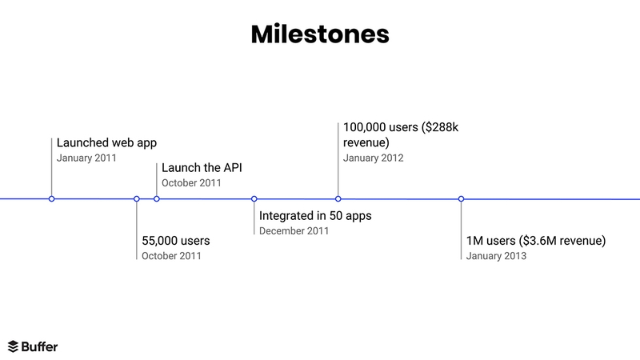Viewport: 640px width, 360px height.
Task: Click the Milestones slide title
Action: (x=320, y=34)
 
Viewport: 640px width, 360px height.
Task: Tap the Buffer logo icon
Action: (x=13, y=346)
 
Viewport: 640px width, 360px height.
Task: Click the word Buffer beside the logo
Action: (x=39, y=346)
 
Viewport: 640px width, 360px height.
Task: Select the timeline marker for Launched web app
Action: (x=52, y=198)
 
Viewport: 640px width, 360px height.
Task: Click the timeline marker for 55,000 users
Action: (x=137, y=198)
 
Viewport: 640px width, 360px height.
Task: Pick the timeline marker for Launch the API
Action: (x=157, y=198)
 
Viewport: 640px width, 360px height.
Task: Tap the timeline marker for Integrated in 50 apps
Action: (x=254, y=198)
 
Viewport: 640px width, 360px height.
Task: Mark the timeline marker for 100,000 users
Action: (x=338, y=198)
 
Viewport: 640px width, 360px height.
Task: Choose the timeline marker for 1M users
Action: (x=462, y=198)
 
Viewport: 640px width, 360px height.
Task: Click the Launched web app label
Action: (x=106, y=143)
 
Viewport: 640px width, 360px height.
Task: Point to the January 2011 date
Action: (x=86, y=158)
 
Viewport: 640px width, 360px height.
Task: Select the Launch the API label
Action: (x=201, y=168)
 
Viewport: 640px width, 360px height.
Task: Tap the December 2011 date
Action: (x=294, y=231)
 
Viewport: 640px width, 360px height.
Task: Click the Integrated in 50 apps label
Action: (x=315, y=216)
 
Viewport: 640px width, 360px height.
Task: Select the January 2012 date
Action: (x=373, y=158)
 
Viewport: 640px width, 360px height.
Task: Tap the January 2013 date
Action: (x=496, y=256)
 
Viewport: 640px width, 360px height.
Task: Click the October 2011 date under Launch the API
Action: (x=191, y=183)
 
